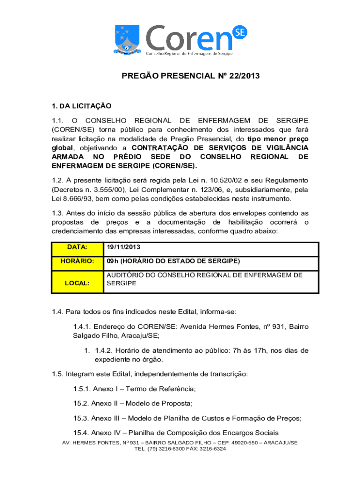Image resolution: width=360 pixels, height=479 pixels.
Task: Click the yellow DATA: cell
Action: (77, 247)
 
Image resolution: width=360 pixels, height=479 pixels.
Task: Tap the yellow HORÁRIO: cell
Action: (77, 261)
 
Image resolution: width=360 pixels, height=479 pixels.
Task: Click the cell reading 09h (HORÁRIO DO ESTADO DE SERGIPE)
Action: (173, 261)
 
